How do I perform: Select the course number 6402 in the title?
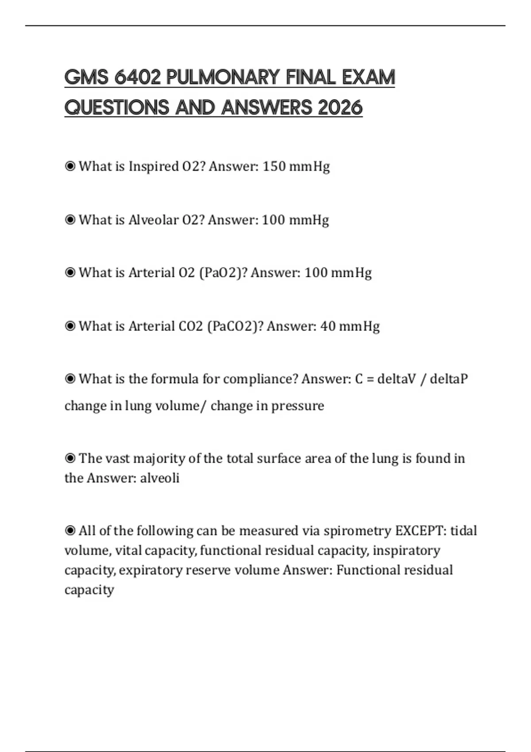(x=138, y=77)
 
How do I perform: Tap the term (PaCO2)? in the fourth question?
(x=235, y=326)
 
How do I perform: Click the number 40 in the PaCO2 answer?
(x=328, y=326)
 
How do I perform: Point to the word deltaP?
(x=449, y=379)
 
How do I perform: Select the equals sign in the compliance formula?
(x=370, y=380)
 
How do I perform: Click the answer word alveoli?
(x=160, y=478)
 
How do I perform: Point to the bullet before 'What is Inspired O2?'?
(x=70, y=167)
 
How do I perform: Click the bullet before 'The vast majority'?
(x=70, y=459)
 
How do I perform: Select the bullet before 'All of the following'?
(x=70, y=531)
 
